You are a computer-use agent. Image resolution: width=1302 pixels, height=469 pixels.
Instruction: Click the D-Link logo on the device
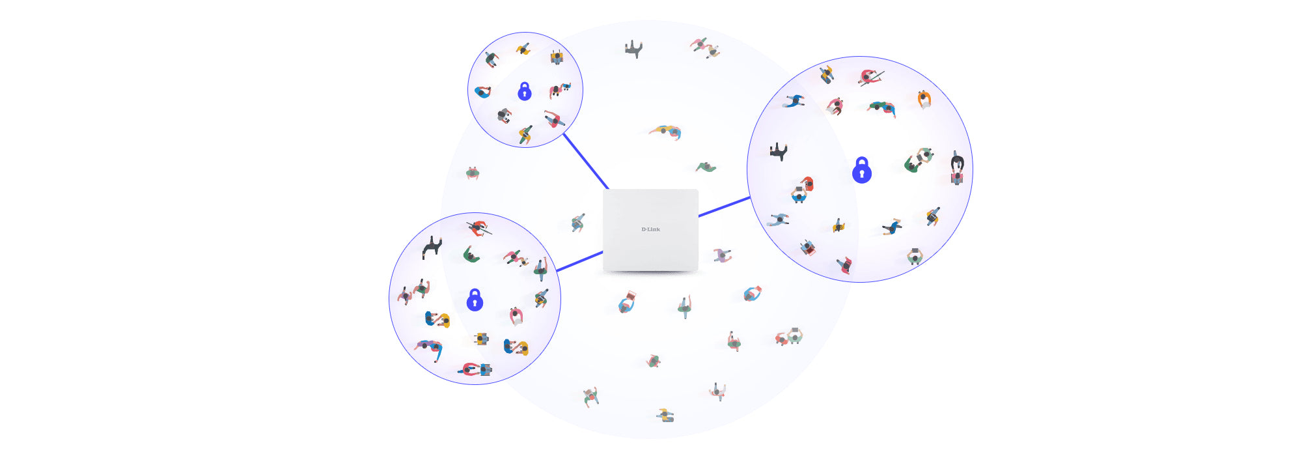pyautogui.click(x=650, y=229)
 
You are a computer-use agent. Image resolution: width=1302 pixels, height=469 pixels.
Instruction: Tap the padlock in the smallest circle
pyautogui.click(x=525, y=91)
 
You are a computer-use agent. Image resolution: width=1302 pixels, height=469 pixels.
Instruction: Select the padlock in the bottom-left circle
pyautogui.click(x=475, y=300)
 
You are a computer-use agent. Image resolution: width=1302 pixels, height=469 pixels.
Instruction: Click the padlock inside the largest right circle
pyautogui.click(x=862, y=170)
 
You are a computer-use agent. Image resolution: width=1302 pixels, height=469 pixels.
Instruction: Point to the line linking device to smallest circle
pyautogui.click(x=586, y=161)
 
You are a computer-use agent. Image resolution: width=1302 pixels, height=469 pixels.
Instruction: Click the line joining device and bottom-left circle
pyautogui.click(x=579, y=262)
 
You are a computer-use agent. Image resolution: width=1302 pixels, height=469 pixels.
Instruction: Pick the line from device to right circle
pyautogui.click(x=725, y=206)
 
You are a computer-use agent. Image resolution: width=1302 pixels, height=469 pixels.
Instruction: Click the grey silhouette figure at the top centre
pyautogui.click(x=634, y=49)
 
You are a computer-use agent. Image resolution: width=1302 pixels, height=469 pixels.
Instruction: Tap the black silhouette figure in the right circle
pyautogui.click(x=779, y=152)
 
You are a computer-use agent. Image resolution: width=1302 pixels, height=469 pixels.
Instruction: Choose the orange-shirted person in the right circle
pyautogui.click(x=924, y=100)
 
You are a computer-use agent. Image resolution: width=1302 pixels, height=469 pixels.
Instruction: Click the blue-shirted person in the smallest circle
pyautogui.click(x=482, y=92)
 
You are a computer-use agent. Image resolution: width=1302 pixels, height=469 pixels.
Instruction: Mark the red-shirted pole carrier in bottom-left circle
pyautogui.click(x=478, y=228)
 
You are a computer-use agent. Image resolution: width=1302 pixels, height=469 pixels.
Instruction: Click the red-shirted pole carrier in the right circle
pyautogui.click(x=870, y=78)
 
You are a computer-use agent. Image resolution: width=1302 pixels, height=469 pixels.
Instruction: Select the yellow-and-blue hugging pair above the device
pyautogui.click(x=665, y=132)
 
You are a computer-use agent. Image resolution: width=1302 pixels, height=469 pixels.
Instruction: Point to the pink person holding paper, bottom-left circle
pyautogui.click(x=516, y=316)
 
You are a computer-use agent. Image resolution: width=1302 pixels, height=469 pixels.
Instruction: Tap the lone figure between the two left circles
pyautogui.click(x=473, y=173)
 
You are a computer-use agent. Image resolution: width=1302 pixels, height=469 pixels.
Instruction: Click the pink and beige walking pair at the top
pyautogui.click(x=705, y=48)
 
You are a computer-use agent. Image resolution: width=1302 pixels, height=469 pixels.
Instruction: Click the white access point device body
pyautogui.click(x=650, y=230)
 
